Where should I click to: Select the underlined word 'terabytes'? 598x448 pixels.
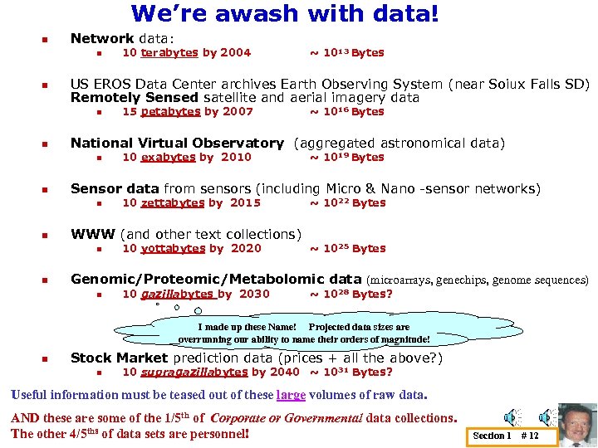coord(169,53)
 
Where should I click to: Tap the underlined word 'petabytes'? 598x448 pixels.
coord(170,112)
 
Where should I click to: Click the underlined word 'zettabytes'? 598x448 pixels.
coord(172,203)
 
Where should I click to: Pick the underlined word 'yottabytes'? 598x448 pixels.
coord(172,248)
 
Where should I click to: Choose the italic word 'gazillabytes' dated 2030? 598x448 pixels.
coord(177,294)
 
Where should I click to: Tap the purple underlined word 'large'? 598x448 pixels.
coord(291,395)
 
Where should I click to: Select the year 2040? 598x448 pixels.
coord(285,373)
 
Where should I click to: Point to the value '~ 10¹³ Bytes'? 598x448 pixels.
coord(347,53)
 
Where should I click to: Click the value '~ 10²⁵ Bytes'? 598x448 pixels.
coord(348,248)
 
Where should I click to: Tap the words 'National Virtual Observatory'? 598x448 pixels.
coord(177,144)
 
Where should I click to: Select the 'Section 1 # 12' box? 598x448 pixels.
coord(505,436)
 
